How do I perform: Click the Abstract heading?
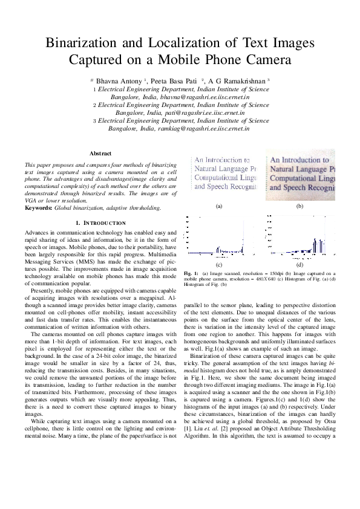[100, 154]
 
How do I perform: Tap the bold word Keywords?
[36, 208]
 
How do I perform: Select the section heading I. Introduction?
[100, 223]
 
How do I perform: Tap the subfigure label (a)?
[219, 206]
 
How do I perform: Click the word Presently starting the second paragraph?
[44, 290]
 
